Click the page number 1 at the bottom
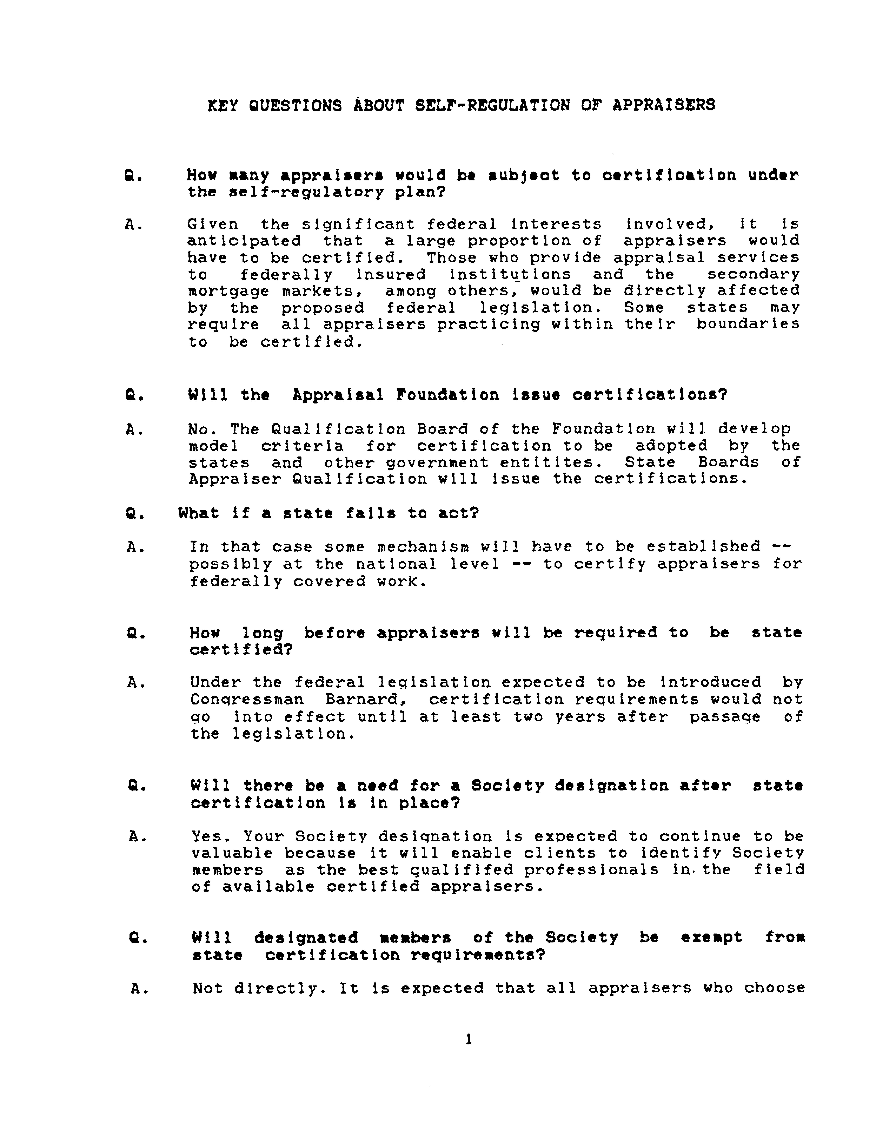click(x=469, y=1039)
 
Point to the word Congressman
click(x=247, y=700)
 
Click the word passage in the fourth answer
click(x=725, y=717)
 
